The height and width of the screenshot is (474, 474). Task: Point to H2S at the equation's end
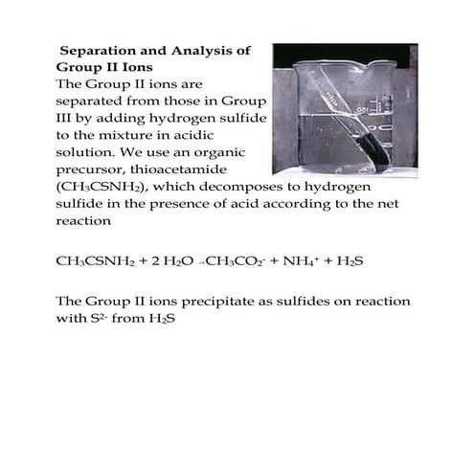[x=357, y=260]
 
